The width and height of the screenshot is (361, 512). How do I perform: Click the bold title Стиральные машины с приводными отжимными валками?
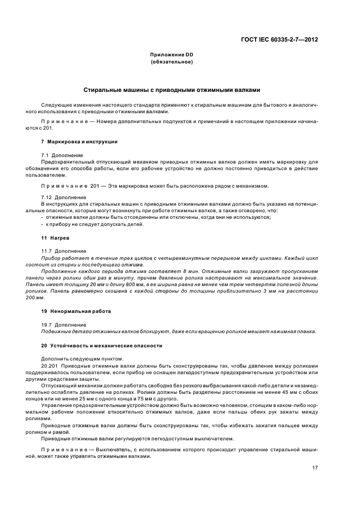pos(171,89)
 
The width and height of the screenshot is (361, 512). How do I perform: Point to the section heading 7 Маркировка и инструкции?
pos(79,142)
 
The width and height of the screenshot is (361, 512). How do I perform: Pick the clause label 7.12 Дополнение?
pos(63,197)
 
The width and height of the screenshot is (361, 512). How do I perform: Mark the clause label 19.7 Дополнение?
pos(63,324)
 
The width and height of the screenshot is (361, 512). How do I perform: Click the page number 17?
pos(315,468)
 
